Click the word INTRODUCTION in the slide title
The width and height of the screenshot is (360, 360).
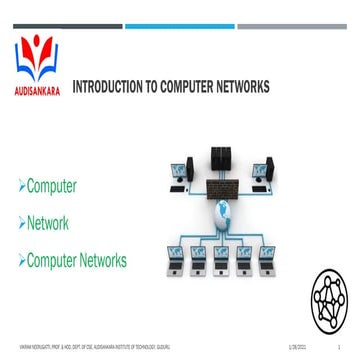click(106, 87)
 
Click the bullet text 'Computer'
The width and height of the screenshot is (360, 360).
click(51, 186)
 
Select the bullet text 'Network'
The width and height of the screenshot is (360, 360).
click(47, 223)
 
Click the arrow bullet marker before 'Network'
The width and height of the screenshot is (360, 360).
click(21, 224)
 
